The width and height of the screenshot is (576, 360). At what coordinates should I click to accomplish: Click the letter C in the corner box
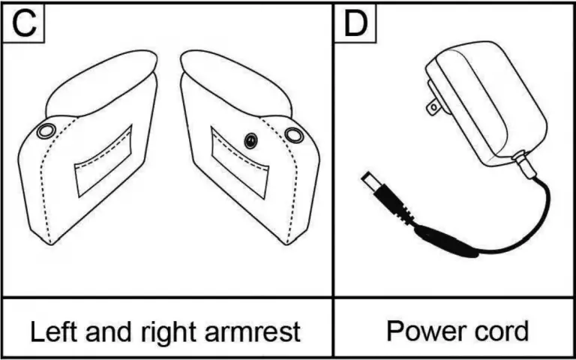[x=24, y=24]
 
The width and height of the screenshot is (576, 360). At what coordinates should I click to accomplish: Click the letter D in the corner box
[x=355, y=24]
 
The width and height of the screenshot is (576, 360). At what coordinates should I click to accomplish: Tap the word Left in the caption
[x=51, y=331]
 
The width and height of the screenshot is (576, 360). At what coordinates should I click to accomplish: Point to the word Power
[x=418, y=331]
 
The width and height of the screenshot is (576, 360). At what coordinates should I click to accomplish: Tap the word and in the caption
[x=106, y=331]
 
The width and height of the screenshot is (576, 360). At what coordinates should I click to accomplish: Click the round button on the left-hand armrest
[x=46, y=130]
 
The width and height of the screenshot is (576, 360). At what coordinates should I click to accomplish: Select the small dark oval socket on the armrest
[x=250, y=141]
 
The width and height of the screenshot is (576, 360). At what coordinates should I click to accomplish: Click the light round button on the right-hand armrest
[x=294, y=135]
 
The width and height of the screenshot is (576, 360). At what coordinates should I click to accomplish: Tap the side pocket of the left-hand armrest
[x=103, y=161]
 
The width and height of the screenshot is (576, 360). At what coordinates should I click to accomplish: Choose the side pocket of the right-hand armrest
[x=240, y=163]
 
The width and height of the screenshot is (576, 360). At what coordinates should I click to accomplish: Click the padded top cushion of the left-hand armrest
[x=101, y=83]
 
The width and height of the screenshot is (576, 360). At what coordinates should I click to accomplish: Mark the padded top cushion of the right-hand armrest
[x=236, y=83]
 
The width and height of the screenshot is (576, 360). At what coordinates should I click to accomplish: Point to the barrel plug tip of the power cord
[x=367, y=180]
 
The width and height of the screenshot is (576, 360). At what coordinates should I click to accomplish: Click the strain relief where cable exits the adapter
[x=524, y=165]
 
